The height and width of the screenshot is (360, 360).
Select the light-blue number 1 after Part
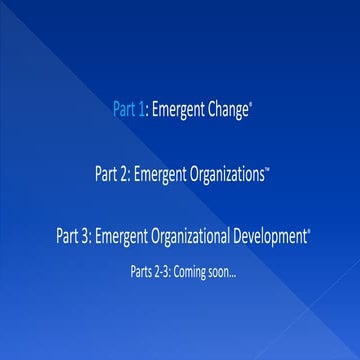click(x=143, y=111)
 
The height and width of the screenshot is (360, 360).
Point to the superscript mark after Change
click(x=251, y=105)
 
